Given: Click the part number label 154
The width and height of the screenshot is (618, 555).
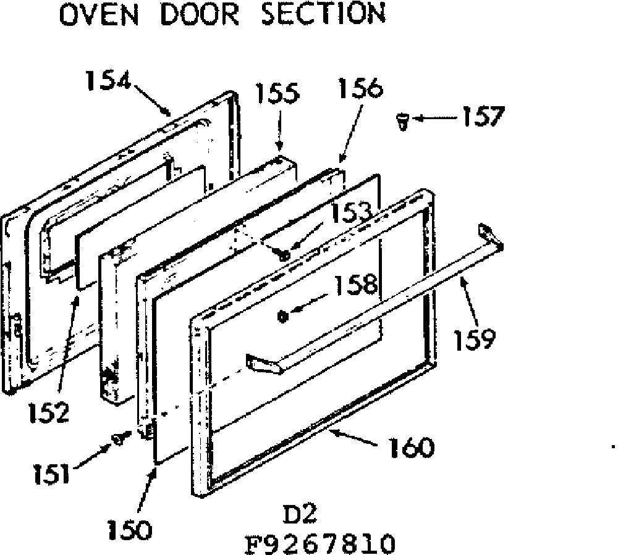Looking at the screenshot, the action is [108, 81].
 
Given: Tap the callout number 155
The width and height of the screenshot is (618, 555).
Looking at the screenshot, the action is [278, 94].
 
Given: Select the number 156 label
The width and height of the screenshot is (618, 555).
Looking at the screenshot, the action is [360, 88].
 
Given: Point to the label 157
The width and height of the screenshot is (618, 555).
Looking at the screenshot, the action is [483, 117].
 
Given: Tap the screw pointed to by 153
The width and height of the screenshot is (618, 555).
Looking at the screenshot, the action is [284, 255].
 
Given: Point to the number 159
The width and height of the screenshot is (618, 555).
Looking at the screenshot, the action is [475, 339].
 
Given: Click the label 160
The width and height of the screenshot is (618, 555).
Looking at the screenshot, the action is [412, 448].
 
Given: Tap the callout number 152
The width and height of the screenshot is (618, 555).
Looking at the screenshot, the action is [49, 412].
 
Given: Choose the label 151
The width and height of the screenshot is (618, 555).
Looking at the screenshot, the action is [51, 474].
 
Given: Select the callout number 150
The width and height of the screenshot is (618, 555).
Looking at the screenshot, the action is [130, 530].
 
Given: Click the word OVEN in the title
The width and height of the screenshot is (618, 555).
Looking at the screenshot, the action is [99, 14].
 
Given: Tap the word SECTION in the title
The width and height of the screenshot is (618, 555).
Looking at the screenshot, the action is [323, 14].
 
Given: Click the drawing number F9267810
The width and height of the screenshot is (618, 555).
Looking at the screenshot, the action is [320, 543].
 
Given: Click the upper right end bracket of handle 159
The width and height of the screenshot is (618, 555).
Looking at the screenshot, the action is [490, 236].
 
